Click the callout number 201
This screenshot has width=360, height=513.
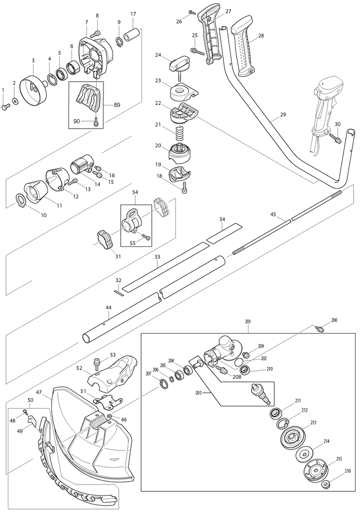(248, 322)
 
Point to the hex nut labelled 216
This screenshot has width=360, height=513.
(325, 485)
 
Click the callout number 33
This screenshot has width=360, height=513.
(157, 256)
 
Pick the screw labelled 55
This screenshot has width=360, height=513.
(145, 237)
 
